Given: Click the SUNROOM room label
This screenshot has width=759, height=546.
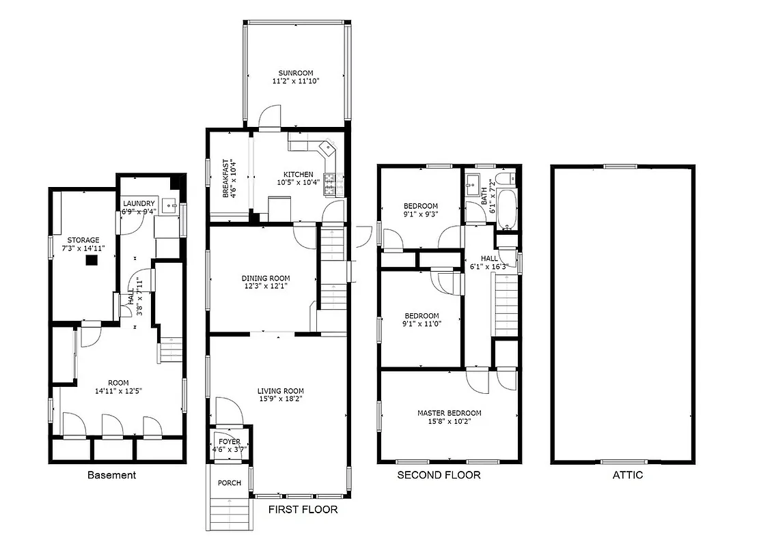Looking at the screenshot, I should pyautogui.click(x=295, y=72).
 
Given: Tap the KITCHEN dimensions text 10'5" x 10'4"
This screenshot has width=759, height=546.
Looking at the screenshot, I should pyautogui.click(x=295, y=183).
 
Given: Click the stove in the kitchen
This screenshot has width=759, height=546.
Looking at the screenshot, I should pyautogui.click(x=330, y=182).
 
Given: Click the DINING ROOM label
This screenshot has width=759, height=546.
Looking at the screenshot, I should pyautogui.click(x=265, y=278).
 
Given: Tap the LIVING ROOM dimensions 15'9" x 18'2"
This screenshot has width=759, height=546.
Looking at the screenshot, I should pyautogui.click(x=280, y=399).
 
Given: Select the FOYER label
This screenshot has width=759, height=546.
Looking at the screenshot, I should pyautogui.click(x=230, y=442).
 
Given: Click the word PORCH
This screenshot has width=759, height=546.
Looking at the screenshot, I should pyautogui.click(x=230, y=483).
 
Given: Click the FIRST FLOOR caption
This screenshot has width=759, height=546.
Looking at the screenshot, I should pyautogui.click(x=303, y=510).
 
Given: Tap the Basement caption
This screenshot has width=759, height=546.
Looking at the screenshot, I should pyautogui.click(x=111, y=475).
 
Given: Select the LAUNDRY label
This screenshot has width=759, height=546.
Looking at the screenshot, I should pyautogui.click(x=139, y=203).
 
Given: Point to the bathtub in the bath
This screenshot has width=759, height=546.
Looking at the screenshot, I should pyautogui.click(x=507, y=208).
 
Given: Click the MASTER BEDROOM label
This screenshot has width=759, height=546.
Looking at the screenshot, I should pyautogui.click(x=449, y=413).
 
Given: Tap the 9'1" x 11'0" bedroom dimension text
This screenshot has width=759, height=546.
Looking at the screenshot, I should pyautogui.click(x=422, y=324).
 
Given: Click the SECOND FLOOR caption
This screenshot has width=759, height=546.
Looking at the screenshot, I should pyautogui.click(x=439, y=475).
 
